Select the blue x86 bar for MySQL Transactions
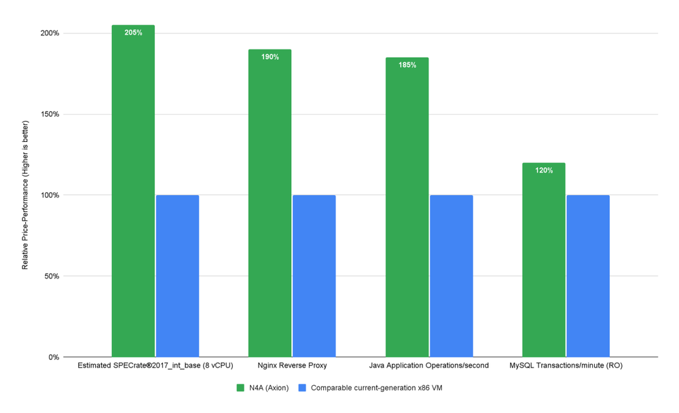click(588, 276)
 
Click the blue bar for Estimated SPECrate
click(177, 276)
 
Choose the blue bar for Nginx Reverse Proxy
click(314, 276)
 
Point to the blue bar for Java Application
click(451, 276)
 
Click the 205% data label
click(133, 33)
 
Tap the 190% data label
click(270, 57)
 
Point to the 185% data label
click(407, 65)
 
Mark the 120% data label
click(544, 170)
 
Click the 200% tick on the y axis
click(50, 33)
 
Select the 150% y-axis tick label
click(50, 114)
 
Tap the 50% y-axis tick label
click(52, 276)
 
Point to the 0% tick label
click(54, 357)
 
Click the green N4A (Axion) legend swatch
click(240, 388)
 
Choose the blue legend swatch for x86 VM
click(303, 388)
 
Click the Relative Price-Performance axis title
click(25, 196)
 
